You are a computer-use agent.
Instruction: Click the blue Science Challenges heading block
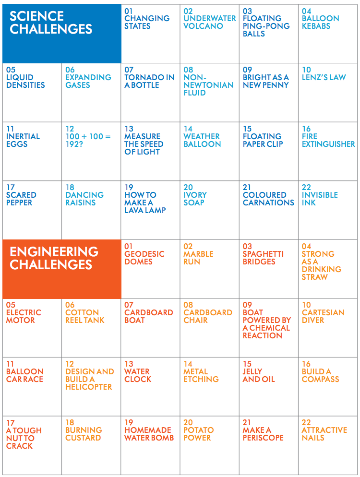coord(61,33)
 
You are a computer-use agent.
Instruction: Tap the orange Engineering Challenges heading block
coord(61,269)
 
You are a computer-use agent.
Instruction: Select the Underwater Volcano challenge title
coord(210,22)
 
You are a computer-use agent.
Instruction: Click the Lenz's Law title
coord(324,77)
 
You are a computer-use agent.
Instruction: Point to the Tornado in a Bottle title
coord(149,81)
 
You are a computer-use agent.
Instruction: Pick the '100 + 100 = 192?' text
coord(88,140)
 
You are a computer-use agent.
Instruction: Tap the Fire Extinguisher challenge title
coord(328,140)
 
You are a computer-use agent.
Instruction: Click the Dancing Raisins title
coord(84,199)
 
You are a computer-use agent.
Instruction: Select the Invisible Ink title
coord(320,199)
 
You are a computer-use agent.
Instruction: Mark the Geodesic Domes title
coord(144,258)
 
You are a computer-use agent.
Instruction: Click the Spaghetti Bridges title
coord(263,258)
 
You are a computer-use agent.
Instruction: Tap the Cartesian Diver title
coord(323,316)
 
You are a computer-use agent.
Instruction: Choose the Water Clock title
coord(138,375)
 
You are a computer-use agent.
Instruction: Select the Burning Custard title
coord(84,434)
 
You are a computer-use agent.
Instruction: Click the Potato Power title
coord(198,434)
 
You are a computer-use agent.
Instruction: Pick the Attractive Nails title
coord(324,434)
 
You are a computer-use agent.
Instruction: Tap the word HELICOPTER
coord(89,387)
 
